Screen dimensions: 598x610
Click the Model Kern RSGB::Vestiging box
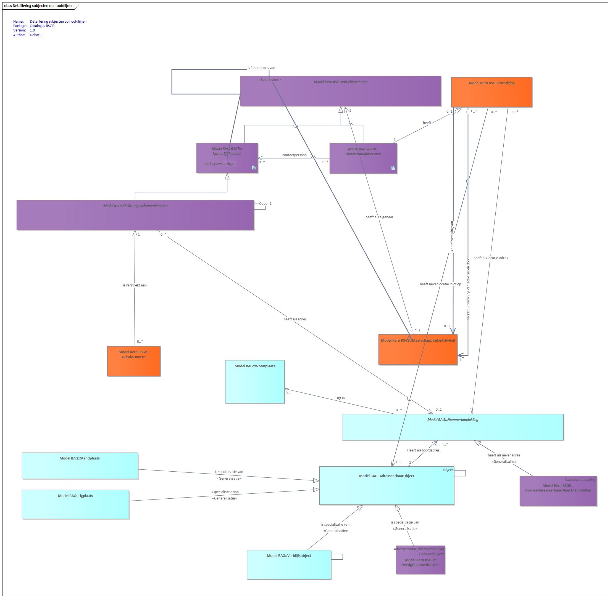(x=491, y=92)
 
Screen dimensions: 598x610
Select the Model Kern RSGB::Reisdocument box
(x=134, y=361)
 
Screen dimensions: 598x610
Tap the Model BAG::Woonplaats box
(x=255, y=382)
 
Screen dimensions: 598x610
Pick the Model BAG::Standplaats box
(x=80, y=466)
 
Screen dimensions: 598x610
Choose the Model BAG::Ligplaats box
(x=75, y=504)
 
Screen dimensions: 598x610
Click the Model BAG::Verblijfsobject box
(x=289, y=564)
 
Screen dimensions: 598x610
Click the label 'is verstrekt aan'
(x=135, y=285)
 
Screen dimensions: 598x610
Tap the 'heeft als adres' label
(x=295, y=319)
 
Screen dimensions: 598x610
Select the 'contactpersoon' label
(x=294, y=155)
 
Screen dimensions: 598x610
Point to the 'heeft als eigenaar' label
(x=379, y=217)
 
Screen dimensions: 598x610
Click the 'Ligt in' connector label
(x=340, y=398)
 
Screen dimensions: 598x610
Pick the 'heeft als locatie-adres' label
(x=491, y=258)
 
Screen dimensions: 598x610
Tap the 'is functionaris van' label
(x=261, y=68)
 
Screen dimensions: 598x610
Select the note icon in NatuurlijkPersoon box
(x=254, y=168)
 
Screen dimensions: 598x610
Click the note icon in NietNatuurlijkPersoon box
(x=393, y=168)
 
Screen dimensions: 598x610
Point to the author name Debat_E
(x=37, y=35)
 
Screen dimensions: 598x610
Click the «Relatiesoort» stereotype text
(x=270, y=80)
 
